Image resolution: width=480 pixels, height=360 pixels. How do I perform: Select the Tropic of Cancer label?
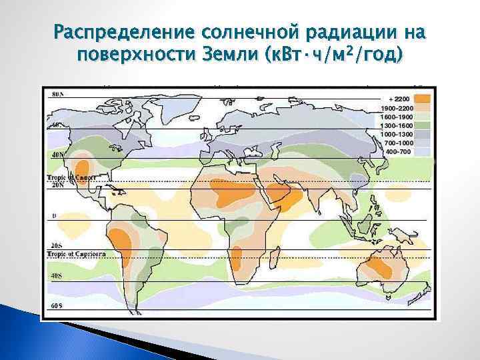pos(71,178)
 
